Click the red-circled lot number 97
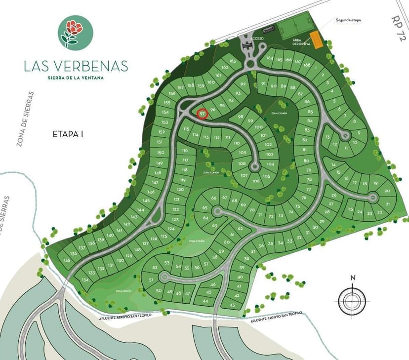click(x=202, y=114)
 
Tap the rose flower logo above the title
click(x=75, y=32)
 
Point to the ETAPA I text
click(x=68, y=133)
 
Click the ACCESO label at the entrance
click(x=257, y=39)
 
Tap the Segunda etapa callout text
click(x=348, y=20)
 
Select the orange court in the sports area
click(x=316, y=39)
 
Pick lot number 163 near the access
click(x=233, y=61)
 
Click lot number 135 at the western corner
click(x=67, y=260)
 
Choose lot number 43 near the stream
click(x=232, y=305)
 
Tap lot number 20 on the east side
click(x=387, y=191)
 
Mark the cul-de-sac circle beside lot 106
click(x=255, y=167)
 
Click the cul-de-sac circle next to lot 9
click(x=344, y=134)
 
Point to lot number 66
click(x=213, y=198)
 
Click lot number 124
click(x=171, y=229)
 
